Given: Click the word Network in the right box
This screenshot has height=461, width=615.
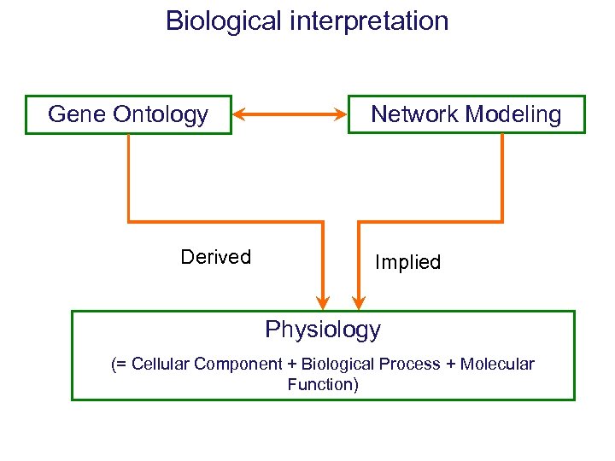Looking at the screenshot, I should (x=414, y=114).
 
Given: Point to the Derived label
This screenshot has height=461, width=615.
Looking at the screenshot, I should (x=215, y=257).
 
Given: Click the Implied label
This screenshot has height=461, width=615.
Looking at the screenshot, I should (x=407, y=262).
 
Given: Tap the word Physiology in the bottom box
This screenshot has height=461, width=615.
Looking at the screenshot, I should (x=323, y=329).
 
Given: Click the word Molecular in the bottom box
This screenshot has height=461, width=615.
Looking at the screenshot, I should (x=497, y=365).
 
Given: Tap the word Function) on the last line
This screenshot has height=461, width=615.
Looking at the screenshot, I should (x=323, y=384).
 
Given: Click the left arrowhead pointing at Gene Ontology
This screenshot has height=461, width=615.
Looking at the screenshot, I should (x=239, y=114).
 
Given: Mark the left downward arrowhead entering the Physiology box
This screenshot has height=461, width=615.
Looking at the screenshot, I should (x=322, y=301).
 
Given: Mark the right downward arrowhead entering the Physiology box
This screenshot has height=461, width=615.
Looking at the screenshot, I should (x=360, y=301).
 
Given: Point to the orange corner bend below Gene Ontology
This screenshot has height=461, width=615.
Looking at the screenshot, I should (x=129, y=222).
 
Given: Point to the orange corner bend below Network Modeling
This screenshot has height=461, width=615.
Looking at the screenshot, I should (x=502, y=222).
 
